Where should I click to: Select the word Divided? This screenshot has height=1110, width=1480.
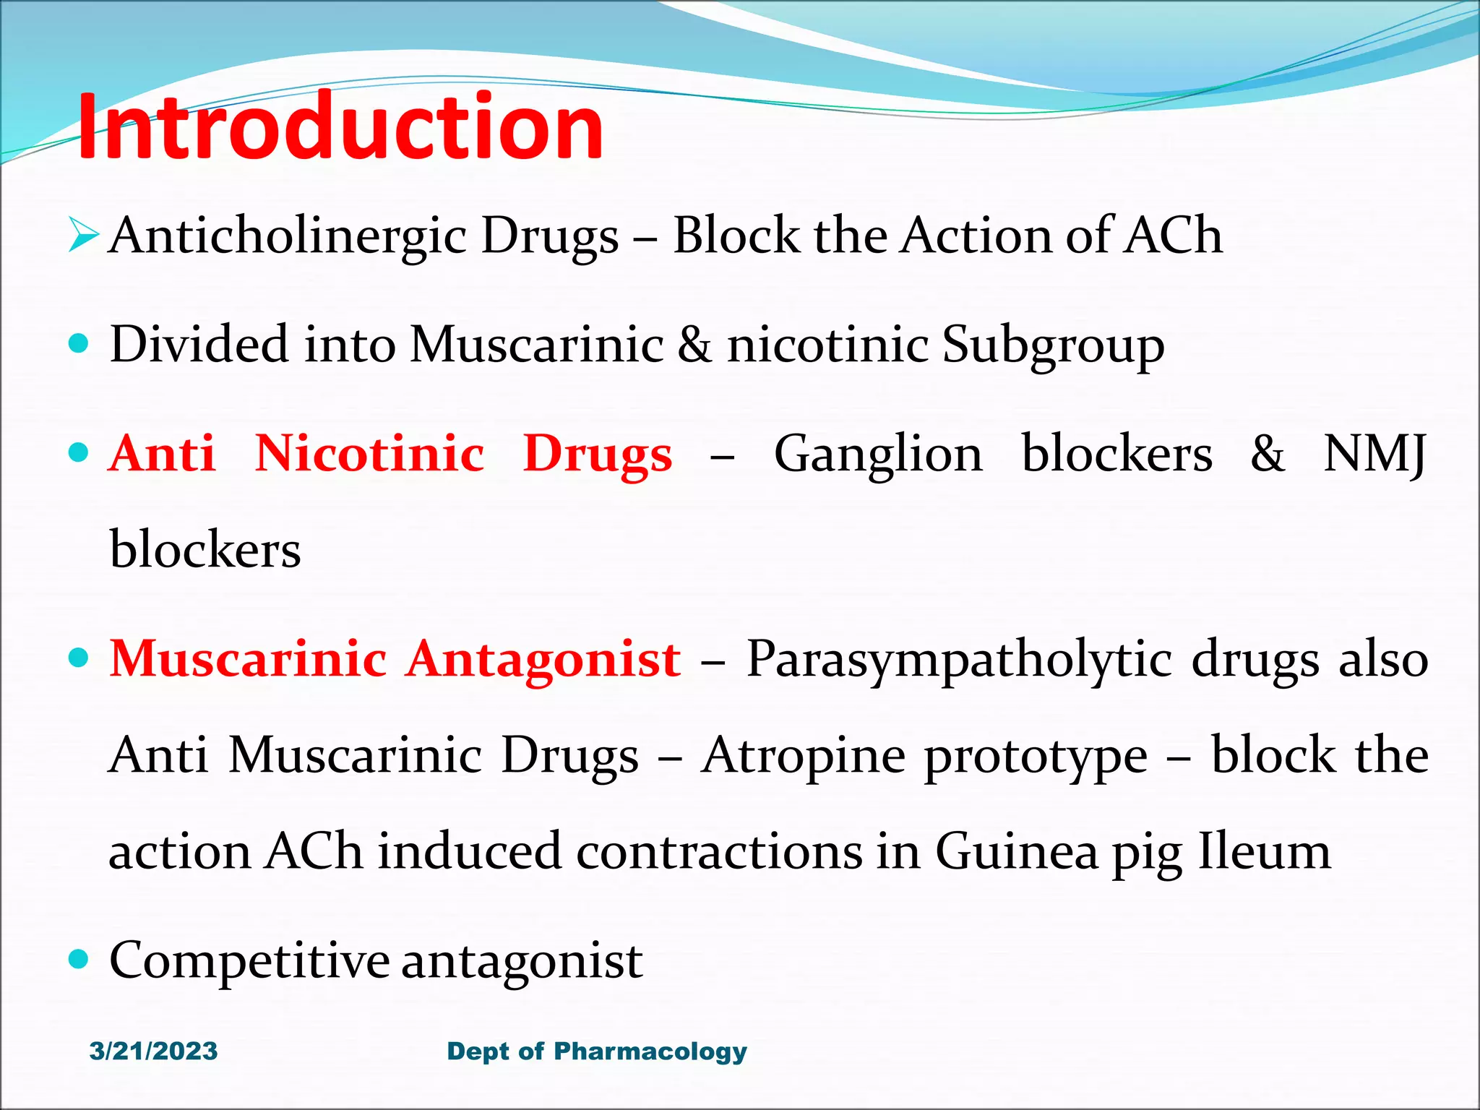(x=199, y=344)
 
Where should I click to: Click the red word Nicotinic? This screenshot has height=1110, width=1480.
(x=369, y=454)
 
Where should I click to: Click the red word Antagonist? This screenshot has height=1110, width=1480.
(x=543, y=660)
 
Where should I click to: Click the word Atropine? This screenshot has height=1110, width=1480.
(x=803, y=756)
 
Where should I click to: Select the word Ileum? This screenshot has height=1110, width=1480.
(x=1265, y=851)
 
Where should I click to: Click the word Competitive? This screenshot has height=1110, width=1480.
(x=249, y=962)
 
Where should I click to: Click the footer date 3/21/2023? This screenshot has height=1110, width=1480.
(x=153, y=1051)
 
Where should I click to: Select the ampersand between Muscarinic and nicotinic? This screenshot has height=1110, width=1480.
(x=694, y=345)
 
